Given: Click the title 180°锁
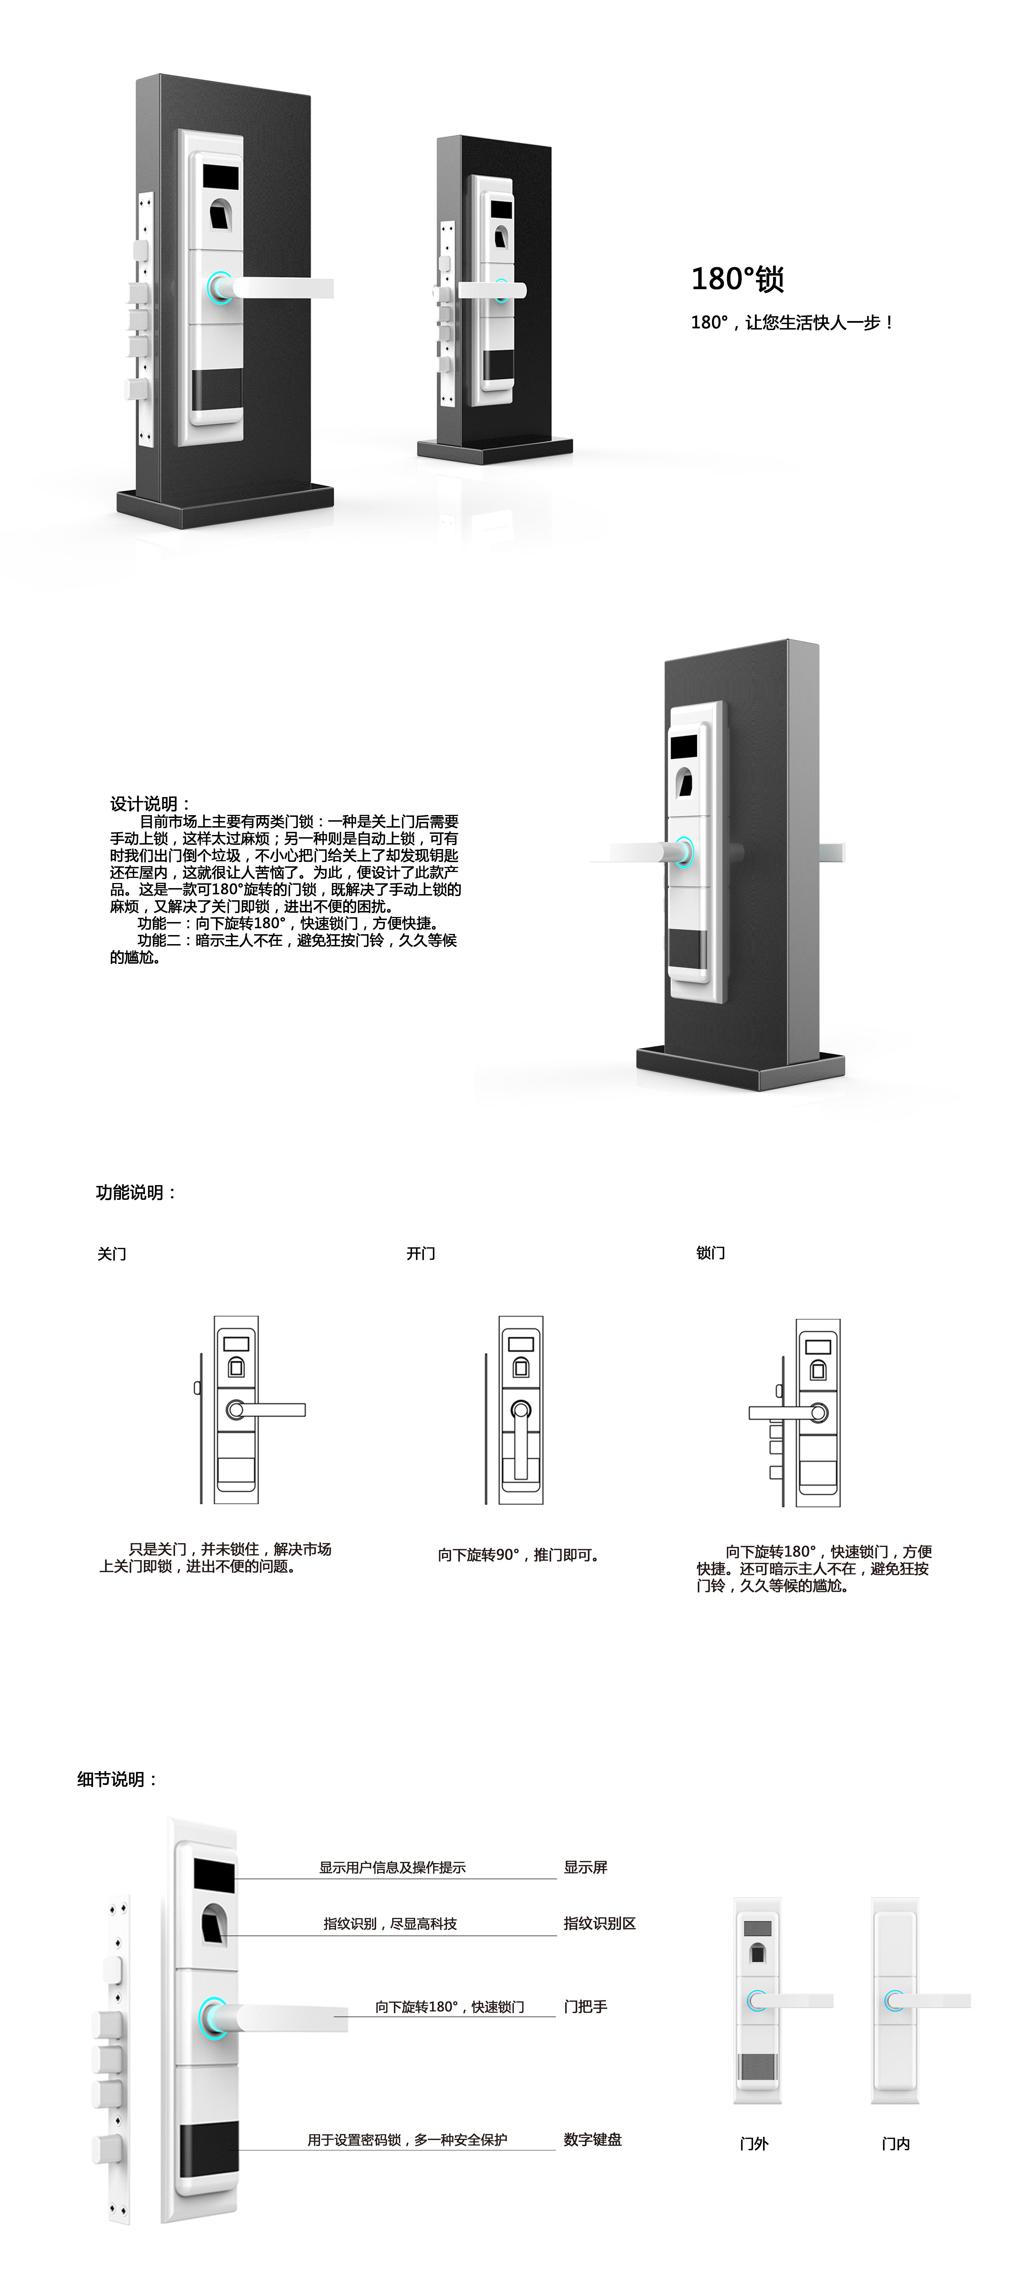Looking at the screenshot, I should pyautogui.click(x=737, y=279).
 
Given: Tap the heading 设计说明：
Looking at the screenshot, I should pyautogui.click(x=149, y=804).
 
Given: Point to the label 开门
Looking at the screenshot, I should pyautogui.click(x=420, y=1253).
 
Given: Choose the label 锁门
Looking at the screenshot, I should pyautogui.click(x=710, y=1253).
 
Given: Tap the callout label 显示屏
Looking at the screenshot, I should pyautogui.click(x=585, y=1867).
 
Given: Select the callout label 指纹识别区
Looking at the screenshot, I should pyautogui.click(x=599, y=1923).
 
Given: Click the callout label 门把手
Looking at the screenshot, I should pyautogui.click(x=585, y=2006).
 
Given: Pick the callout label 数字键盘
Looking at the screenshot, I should pyautogui.click(x=592, y=2139).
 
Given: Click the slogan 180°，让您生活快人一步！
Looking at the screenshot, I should pyautogui.click(x=791, y=323).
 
